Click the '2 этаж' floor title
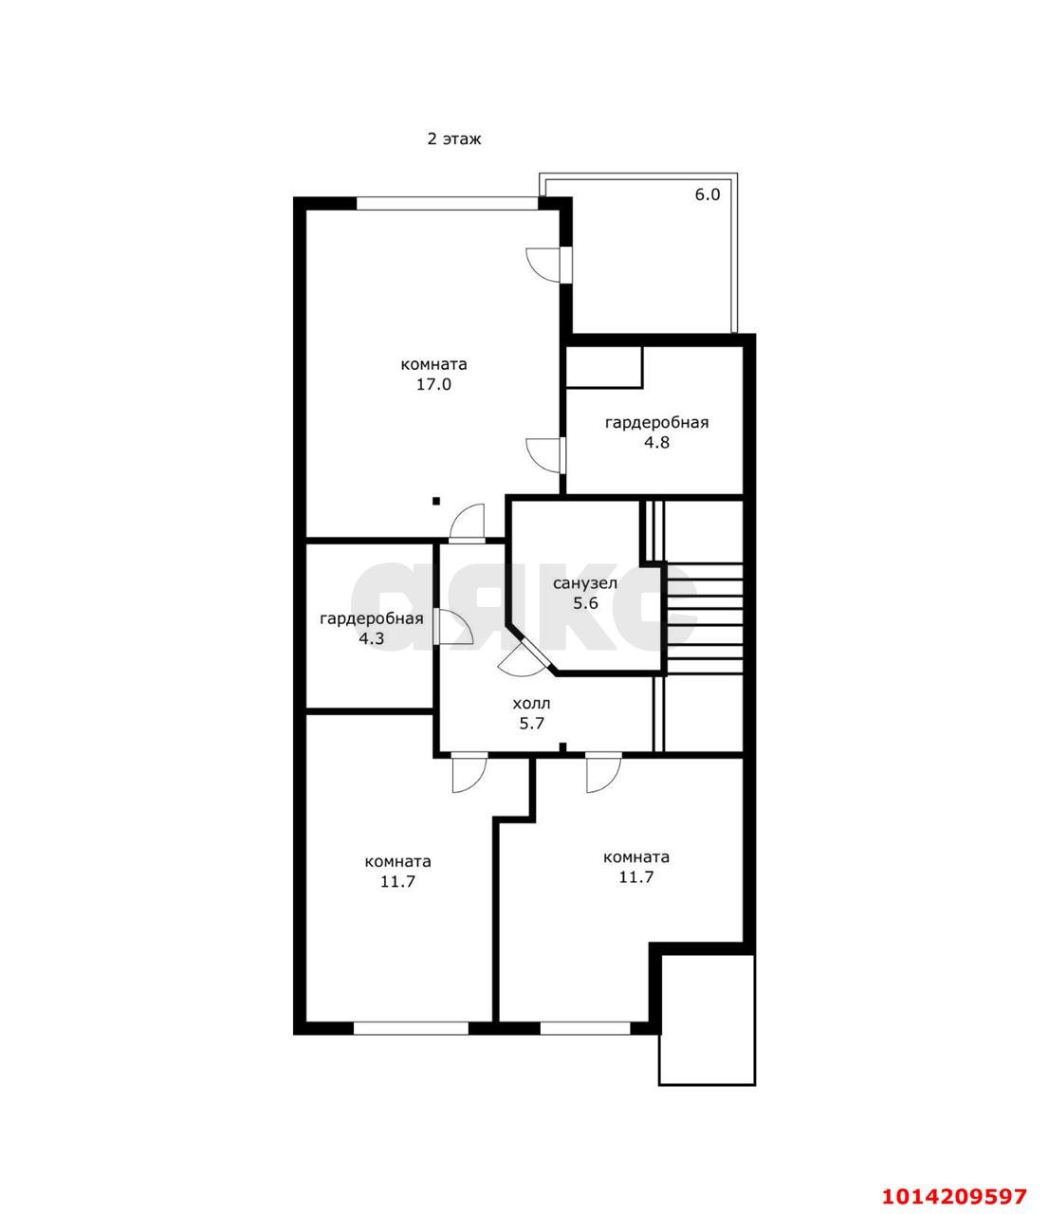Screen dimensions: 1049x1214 coord(454,139)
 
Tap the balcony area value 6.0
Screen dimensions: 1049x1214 coord(708,194)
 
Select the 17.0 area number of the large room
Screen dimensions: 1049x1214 coord(434,385)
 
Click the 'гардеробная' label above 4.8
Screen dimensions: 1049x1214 coord(656,422)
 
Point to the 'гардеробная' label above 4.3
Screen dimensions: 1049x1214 coord(372,618)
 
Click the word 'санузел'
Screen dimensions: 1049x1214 coord(585,583)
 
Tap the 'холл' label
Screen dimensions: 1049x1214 coord(531,703)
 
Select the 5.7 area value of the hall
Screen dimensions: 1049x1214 coord(531,723)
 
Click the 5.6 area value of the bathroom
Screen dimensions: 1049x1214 coord(585,602)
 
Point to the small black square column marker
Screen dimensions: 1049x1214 coord(436,501)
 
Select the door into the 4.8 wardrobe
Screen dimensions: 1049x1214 coord(546,455)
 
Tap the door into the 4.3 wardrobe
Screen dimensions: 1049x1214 coord(452,627)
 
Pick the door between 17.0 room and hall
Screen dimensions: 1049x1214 coord(467,523)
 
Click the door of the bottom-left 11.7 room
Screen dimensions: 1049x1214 coord(469,772)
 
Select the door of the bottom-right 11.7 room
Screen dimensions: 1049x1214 coord(603,772)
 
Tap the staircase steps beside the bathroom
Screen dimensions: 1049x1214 coord(705,617)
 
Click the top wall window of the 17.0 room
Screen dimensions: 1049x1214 coord(448,203)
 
